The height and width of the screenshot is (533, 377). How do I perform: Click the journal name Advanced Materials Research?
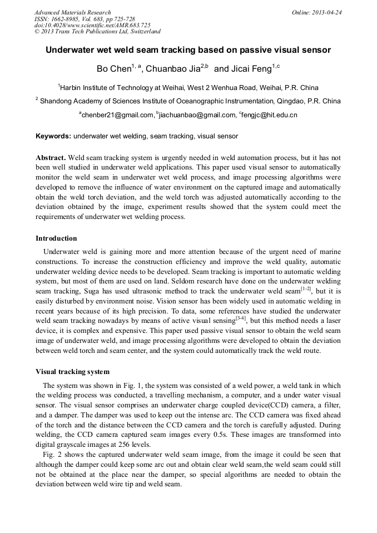point(72,12)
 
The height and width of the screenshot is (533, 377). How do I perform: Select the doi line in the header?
point(92,25)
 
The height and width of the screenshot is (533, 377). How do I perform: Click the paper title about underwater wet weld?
point(188,50)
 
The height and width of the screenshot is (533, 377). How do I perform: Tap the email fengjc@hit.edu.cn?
point(270,115)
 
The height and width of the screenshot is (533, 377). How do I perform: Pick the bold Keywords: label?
point(53,136)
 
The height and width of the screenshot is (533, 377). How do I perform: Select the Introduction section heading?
point(56,238)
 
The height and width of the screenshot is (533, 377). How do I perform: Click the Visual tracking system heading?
point(72,372)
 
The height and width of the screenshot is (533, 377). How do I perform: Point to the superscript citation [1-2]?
point(306,288)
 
